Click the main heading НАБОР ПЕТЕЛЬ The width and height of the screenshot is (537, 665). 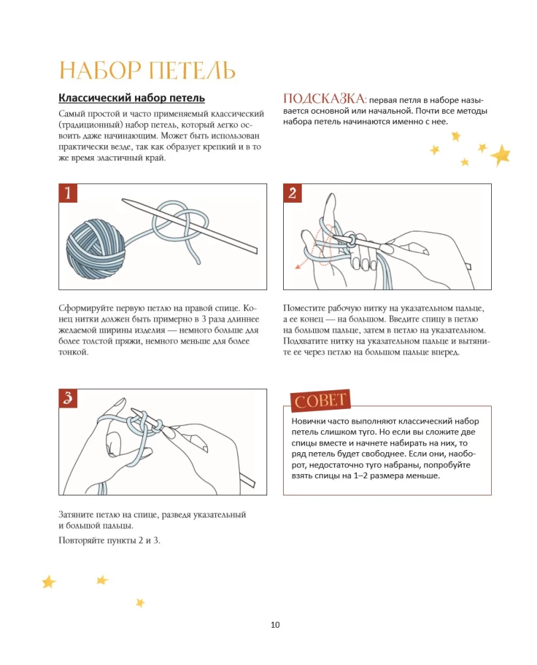(147, 71)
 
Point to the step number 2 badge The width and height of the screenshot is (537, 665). (293, 194)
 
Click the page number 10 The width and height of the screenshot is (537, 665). (275, 624)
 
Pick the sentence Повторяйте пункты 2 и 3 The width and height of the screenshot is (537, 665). (110, 539)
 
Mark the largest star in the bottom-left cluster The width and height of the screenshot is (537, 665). (49, 582)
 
